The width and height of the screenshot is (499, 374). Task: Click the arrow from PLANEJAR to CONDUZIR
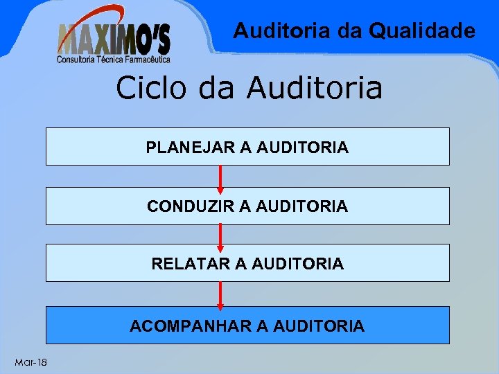220,178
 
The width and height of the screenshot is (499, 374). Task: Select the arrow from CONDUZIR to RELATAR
220,235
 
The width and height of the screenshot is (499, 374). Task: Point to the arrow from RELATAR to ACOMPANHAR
220,294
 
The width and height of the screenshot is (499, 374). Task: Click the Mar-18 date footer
30,362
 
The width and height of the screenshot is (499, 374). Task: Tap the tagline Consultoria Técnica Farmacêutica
114,60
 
